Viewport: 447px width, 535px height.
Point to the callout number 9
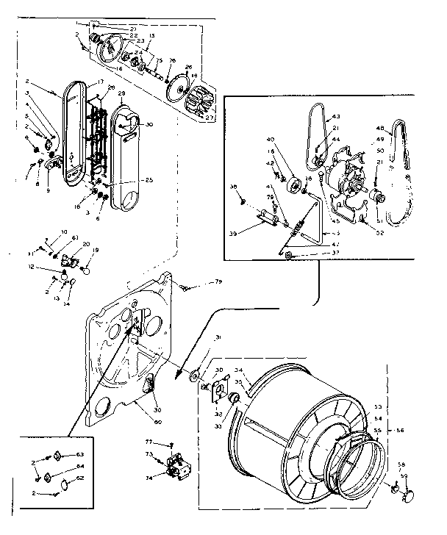tap(48, 190)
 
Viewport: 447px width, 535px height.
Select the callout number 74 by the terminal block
tap(150, 477)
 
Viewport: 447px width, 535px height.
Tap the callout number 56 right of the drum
tap(400, 431)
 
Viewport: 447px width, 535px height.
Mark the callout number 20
tap(86, 244)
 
